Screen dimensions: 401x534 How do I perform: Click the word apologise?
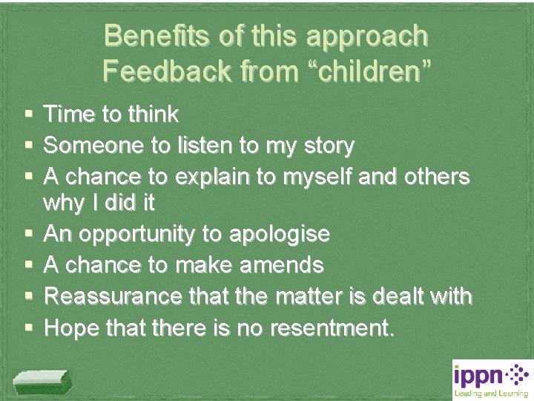pos(279,235)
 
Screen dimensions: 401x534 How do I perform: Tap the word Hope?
pos(70,327)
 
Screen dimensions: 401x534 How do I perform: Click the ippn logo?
pos(490,379)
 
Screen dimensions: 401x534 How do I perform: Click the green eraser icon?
pos(43,382)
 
